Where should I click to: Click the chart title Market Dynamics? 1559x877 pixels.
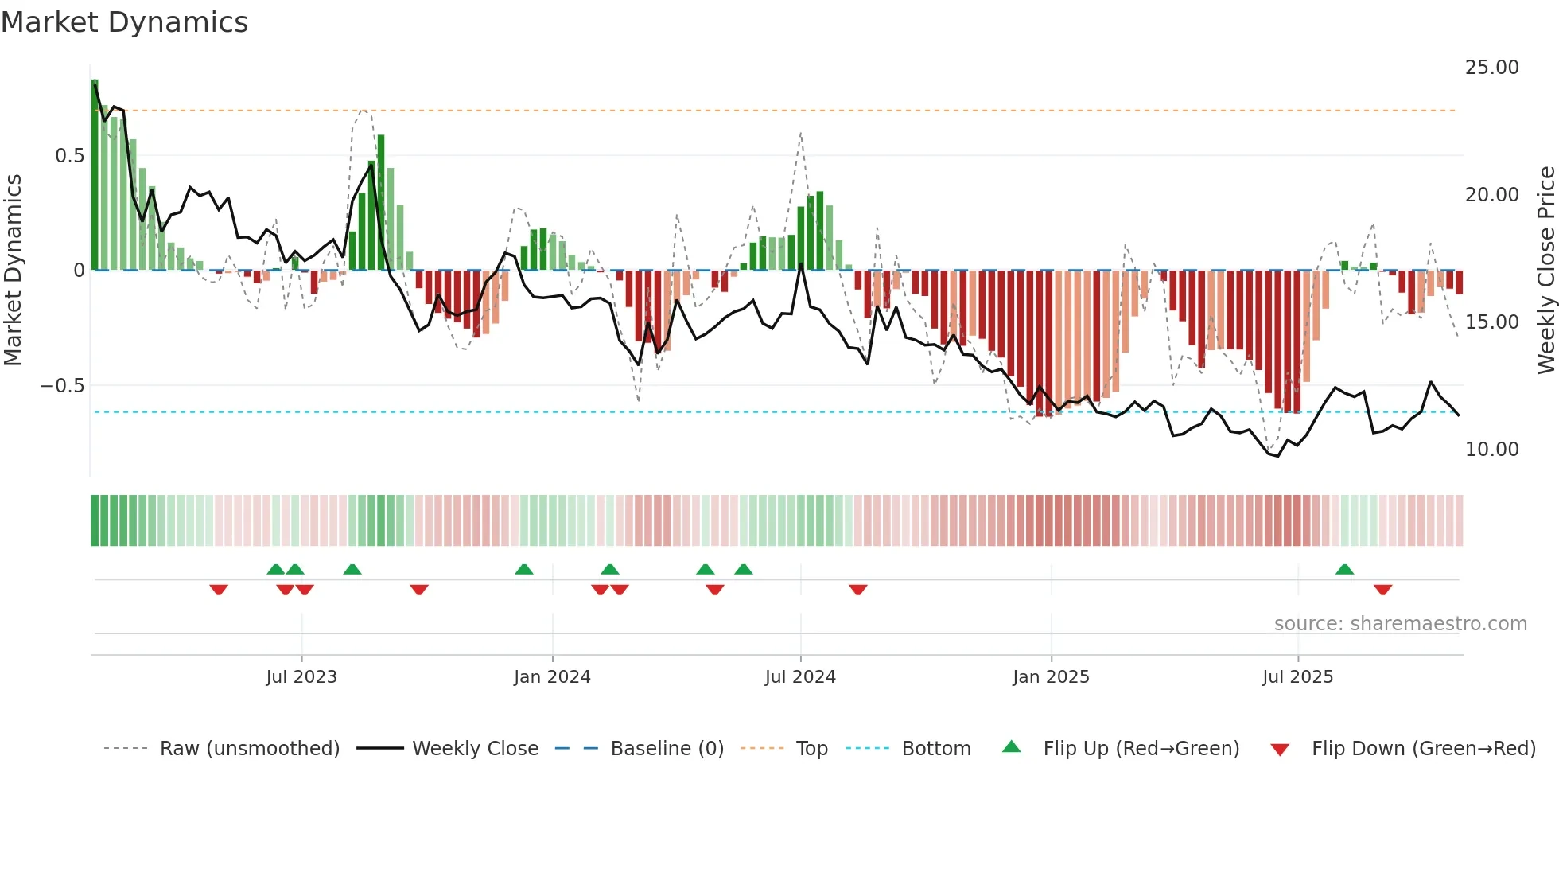point(125,22)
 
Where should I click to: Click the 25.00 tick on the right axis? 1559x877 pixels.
point(1491,68)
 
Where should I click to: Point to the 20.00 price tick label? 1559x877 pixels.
point(1491,195)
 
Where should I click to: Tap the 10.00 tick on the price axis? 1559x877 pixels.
point(1491,450)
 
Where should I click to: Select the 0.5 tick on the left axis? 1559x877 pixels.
point(69,156)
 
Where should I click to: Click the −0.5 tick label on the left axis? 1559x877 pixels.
point(62,386)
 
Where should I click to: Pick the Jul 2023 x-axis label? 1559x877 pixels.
point(301,677)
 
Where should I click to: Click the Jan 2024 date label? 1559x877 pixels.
point(552,677)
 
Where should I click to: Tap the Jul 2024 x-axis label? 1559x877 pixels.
point(800,677)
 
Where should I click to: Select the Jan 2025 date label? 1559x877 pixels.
point(1051,677)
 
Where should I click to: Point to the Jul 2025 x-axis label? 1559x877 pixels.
point(1297,677)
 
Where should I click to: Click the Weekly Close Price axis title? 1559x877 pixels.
point(1545,271)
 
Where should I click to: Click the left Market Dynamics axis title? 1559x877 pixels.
point(13,271)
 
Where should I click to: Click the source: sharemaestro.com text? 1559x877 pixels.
point(1400,624)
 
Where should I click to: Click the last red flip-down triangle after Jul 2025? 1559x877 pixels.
point(1382,590)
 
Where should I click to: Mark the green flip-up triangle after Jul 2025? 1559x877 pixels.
point(1344,569)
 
